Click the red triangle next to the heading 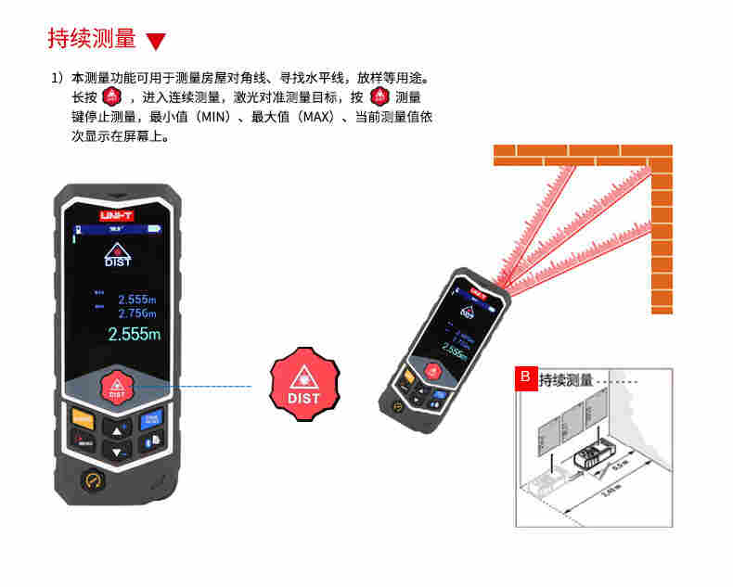pyautogui.click(x=156, y=42)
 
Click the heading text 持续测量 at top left pyautogui.click(x=92, y=39)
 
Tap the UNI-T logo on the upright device pyautogui.click(x=117, y=214)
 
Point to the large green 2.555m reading pyautogui.click(x=135, y=335)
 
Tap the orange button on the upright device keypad pyautogui.click(x=83, y=418)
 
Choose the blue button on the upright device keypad pyautogui.click(x=151, y=419)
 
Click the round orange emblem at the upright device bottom pyautogui.click(x=93, y=479)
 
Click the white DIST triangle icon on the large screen pyautogui.click(x=117, y=254)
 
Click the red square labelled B pyautogui.click(x=525, y=377)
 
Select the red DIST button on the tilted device pyautogui.click(x=432, y=369)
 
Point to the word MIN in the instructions pyautogui.click(x=215, y=117)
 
